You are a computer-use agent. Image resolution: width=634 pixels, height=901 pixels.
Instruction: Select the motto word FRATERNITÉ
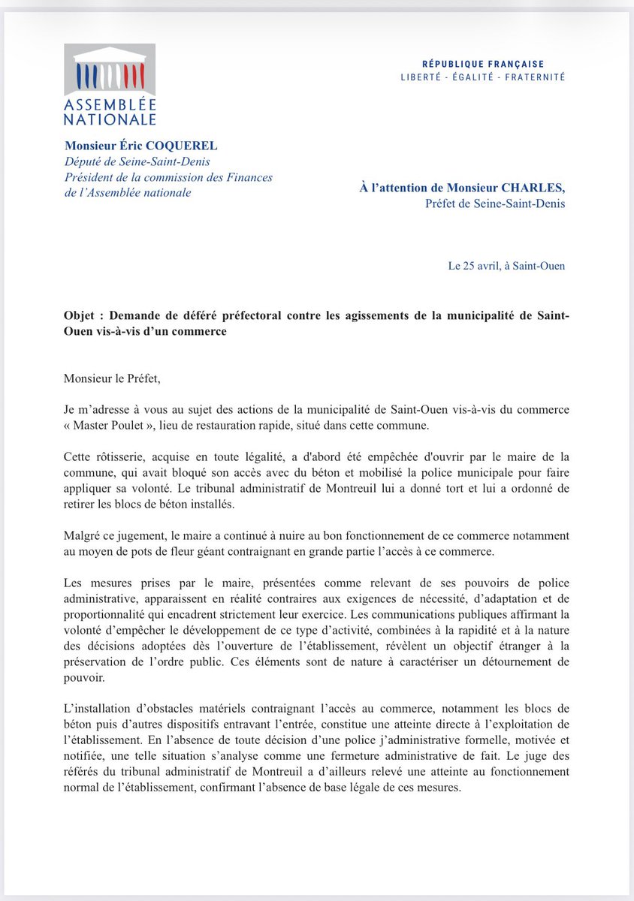pos(533,77)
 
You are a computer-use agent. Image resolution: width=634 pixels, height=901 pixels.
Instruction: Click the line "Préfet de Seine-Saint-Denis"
pos(495,203)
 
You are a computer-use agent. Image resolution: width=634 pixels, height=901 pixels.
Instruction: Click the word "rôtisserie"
pos(119,457)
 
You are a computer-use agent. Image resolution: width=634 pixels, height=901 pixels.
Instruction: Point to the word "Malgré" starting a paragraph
pos(83,536)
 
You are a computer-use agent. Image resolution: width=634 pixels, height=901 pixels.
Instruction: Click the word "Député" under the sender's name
pos(86,161)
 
